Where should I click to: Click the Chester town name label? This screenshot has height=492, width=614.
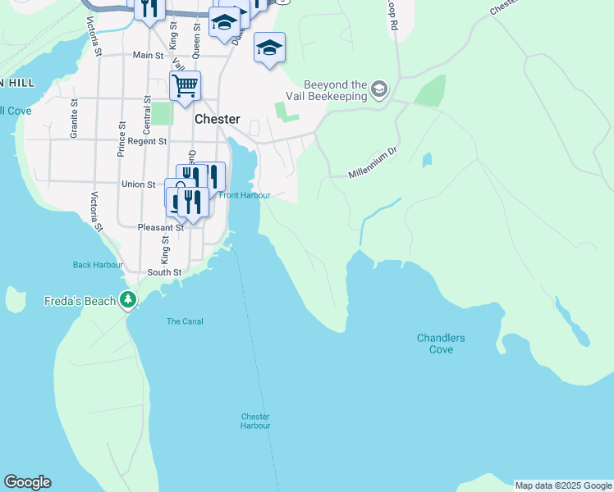218,119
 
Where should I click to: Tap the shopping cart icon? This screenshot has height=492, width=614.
186,84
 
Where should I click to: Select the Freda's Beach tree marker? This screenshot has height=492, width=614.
127,300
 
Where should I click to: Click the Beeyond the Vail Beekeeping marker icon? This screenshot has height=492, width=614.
378,89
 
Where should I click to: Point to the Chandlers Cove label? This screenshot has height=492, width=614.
441,344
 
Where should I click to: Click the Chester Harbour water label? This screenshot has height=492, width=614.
255,421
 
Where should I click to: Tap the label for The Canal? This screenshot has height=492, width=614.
185,321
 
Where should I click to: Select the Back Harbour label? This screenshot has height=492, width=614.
98,265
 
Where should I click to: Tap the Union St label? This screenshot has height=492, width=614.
139,184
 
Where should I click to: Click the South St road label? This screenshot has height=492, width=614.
163,271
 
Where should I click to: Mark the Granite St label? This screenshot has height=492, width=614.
74,119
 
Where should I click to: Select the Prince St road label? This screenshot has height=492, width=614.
121,140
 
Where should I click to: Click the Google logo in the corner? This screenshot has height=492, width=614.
27,482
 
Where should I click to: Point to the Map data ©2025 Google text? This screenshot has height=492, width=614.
563,485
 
